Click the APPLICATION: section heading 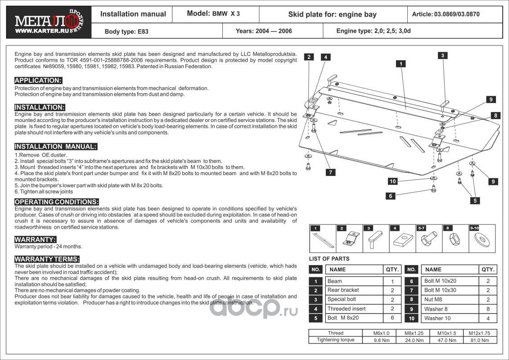pos(38,81)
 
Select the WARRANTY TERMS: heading pos(47,259)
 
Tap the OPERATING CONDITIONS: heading pos(57,202)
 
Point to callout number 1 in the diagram pos(400,64)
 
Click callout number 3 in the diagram pos(443,55)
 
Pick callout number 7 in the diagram pos(331,172)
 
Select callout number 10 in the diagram pos(392,181)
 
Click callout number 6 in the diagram pos(390,196)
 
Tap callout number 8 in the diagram pos(495,116)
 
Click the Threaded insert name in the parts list pos(347,309)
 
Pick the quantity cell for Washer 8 pos(488,309)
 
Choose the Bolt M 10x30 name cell pos(440,290)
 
